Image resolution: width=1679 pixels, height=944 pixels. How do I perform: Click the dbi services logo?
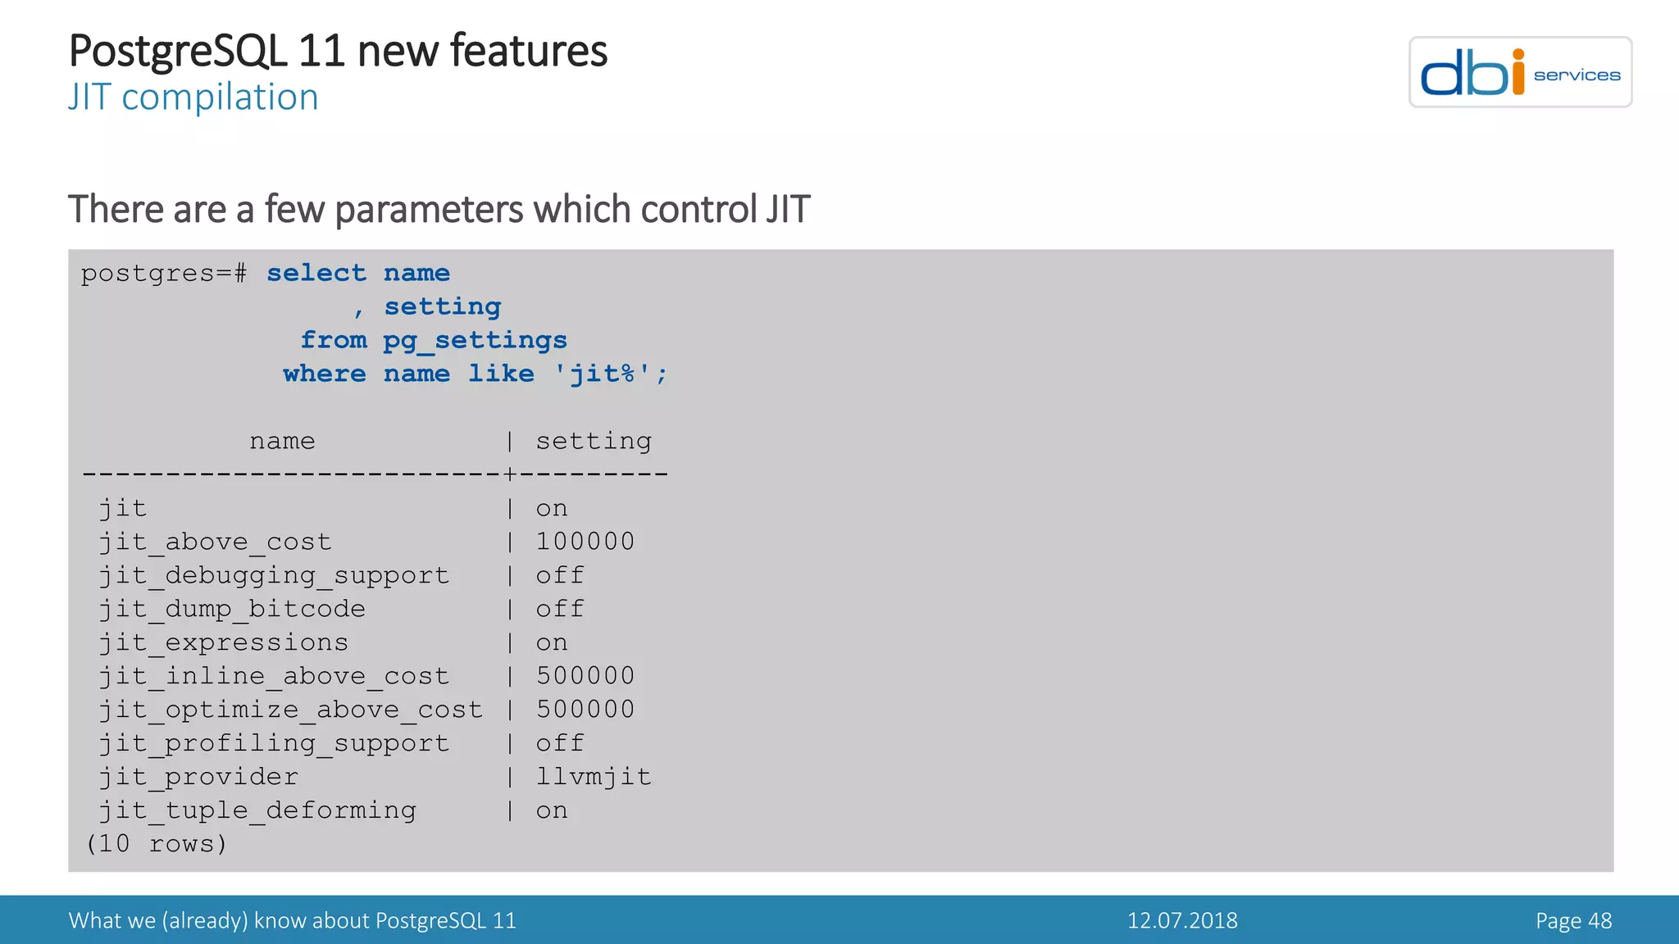(x=1519, y=72)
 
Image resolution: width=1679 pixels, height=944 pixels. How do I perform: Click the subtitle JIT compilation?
(x=193, y=98)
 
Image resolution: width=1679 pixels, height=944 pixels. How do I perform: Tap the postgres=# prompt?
(x=163, y=273)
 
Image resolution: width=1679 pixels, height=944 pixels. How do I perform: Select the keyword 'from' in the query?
(x=333, y=340)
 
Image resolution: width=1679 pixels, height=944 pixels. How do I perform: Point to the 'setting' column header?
(x=594, y=441)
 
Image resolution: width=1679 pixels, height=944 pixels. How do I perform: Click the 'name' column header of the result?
(x=282, y=441)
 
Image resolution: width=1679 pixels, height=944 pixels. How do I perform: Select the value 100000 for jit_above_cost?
(x=585, y=542)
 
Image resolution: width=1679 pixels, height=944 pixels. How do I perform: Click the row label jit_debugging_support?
(x=274, y=575)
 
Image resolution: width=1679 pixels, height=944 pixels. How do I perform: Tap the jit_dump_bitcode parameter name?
(x=232, y=609)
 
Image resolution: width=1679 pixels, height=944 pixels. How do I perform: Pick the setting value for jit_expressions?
(x=551, y=642)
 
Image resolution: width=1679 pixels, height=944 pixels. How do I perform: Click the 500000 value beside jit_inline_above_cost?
(x=585, y=676)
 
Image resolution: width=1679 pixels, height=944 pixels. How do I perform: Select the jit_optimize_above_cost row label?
(x=290, y=710)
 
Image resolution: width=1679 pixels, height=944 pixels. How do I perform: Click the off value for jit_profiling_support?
(x=559, y=743)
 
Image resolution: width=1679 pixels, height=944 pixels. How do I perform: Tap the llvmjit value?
(x=594, y=777)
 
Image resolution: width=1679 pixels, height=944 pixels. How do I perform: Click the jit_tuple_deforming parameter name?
(x=257, y=810)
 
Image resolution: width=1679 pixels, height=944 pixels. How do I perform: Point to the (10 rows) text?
(x=156, y=843)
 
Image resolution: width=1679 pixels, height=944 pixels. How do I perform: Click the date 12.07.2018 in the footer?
(x=1181, y=920)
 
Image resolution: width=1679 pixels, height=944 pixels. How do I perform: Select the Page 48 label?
(x=1572, y=920)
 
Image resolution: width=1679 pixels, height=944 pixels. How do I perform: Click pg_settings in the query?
(x=475, y=340)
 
